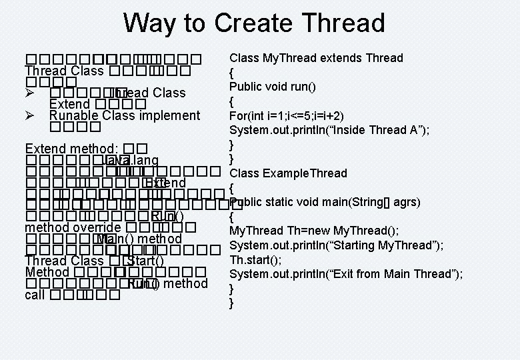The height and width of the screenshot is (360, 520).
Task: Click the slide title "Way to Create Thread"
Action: click(x=254, y=23)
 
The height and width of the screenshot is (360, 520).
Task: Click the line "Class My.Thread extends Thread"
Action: click(x=316, y=58)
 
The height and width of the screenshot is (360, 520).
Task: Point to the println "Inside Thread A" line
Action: click(x=329, y=130)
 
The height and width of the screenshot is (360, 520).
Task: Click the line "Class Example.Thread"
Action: click(x=288, y=173)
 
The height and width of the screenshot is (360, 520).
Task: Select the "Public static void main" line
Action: click(x=325, y=202)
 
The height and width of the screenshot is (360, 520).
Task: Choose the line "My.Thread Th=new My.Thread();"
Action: click(x=314, y=231)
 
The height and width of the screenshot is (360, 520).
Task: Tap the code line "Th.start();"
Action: click(x=255, y=259)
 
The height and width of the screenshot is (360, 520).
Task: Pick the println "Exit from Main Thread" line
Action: click(x=345, y=274)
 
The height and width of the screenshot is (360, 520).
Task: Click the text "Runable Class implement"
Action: click(x=125, y=115)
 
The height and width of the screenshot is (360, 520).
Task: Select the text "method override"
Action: click(x=73, y=228)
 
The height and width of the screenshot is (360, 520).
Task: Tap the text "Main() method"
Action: click(x=139, y=239)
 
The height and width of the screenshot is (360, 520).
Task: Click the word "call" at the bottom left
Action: click(x=34, y=295)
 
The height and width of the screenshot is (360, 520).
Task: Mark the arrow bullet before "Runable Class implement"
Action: click(x=30, y=115)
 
